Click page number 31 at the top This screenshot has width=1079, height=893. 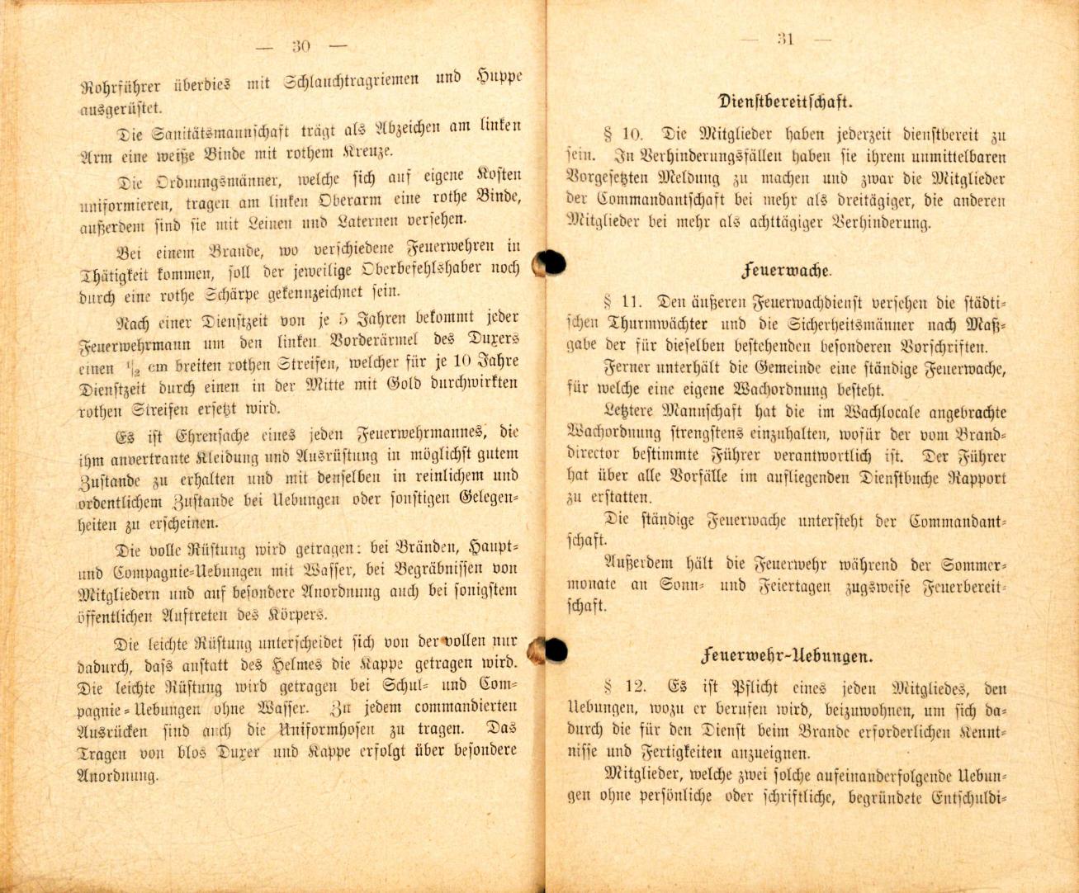coord(785,39)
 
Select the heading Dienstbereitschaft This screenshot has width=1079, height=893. coord(784,103)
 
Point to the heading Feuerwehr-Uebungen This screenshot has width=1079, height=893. coord(786,657)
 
